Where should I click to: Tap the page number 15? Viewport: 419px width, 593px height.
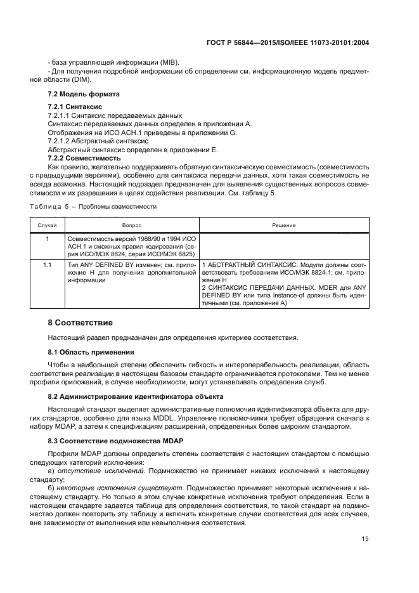point(365,539)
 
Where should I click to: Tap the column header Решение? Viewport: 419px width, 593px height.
point(284,225)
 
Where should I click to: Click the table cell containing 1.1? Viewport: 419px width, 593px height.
point(48,263)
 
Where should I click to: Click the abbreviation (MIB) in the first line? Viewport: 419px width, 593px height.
point(169,62)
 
